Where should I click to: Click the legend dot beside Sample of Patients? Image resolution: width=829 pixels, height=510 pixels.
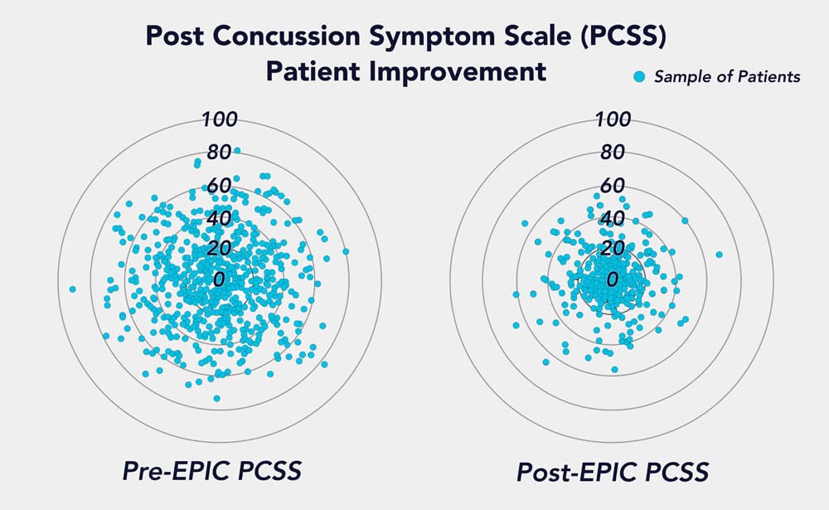click(x=638, y=77)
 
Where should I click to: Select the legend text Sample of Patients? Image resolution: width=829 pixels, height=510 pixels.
click(x=727, y=77)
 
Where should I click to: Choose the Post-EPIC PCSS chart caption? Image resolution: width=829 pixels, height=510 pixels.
click(x=612, y=472)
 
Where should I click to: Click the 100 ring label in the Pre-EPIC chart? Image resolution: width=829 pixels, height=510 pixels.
click(x=220, y=119)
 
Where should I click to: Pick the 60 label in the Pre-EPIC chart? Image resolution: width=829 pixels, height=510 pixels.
click(x=219, y=186)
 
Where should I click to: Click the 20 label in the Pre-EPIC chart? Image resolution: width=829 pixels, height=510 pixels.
click(x=219, y=249)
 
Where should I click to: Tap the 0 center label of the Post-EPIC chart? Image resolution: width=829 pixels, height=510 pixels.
click(x=613, y=279)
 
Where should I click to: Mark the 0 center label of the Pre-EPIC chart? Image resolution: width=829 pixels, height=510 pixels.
click(x=219, y=279)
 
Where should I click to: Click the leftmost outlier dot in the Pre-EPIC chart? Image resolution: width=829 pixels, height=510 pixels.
click(x=73, y=289)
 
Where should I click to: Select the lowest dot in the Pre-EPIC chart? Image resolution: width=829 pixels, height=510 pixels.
click(x=217, y=398)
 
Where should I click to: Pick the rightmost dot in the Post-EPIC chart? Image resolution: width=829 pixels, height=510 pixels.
click(x=719, y=255)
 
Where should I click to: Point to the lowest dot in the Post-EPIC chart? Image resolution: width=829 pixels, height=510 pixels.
click(x=614, y=369)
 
